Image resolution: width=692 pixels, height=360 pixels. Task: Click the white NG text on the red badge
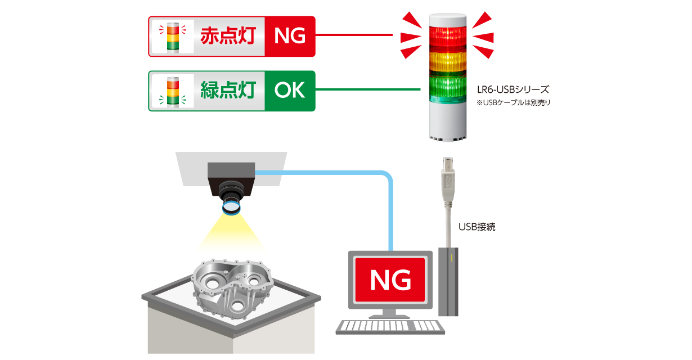point(290,36)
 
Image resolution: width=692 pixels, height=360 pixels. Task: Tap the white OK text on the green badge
point(290,91)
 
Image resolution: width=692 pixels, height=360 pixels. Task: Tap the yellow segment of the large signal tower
point(448,61)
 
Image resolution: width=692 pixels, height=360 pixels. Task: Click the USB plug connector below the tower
point(448,177)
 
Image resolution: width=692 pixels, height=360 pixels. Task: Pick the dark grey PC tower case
point(448,281)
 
